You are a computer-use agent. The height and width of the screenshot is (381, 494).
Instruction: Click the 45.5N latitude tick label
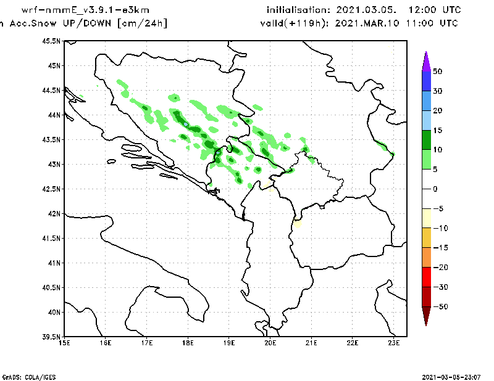tap(52, 41)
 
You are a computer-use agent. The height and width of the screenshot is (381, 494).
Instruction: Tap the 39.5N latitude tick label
tap(52, 337)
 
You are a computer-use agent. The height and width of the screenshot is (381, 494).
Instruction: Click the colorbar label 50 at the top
tap(437, 71)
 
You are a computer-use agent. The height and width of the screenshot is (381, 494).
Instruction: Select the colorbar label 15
tap(437, 130)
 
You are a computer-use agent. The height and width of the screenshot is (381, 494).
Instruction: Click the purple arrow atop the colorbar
tap(426, 60)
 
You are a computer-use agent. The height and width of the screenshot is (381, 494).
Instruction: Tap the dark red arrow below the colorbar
tap(426, 316)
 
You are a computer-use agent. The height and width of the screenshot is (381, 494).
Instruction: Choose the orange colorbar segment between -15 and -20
tap(426, 257)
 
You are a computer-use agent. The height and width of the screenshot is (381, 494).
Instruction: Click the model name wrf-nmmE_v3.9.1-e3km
tap(85, 10)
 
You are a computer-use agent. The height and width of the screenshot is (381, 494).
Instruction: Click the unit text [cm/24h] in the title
tap(141, 23)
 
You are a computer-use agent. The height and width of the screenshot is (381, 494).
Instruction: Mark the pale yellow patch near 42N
tap(298, 223)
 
